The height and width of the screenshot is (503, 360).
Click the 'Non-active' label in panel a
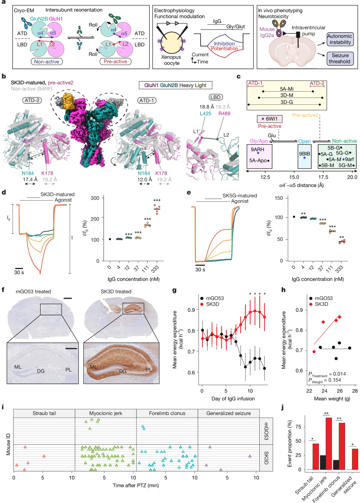[46, 62]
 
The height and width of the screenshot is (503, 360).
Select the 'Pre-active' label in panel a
[115, 62]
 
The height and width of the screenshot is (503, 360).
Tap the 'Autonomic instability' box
[340, 39]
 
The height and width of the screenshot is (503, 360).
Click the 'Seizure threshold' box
[340, 58]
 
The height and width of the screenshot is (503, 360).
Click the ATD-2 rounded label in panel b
[32, 100]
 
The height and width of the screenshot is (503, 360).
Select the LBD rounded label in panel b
[215, 97]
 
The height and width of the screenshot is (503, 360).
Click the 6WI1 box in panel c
[269, 119]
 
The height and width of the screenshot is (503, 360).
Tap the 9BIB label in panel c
[304, 154]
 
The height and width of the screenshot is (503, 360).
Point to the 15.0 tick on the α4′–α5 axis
[294, 177]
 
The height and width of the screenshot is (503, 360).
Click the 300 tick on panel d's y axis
[95, 198]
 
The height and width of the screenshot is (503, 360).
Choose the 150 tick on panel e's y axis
[279, 198]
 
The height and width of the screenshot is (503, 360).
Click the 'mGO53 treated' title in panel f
[33, 291]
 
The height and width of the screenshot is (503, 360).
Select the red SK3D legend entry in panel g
[212, 304]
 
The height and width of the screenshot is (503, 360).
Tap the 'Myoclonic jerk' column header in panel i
[106, 413]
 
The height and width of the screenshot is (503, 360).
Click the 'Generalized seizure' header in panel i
[228, 413]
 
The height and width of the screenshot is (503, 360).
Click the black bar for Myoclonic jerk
[323, 462]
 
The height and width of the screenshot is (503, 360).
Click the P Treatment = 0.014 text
[327, 374]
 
